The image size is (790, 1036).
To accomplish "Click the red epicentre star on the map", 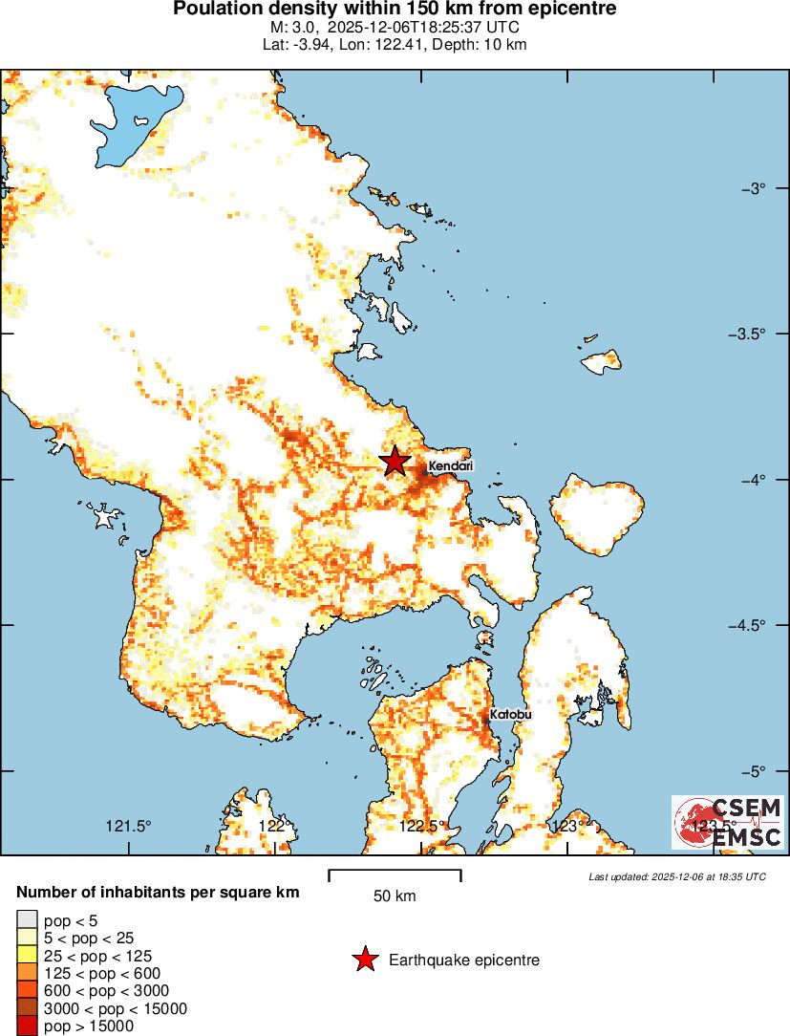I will (x=395, y=462).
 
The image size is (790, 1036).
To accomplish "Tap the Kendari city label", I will (x=451, y=466).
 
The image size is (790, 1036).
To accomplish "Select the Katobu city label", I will (x=510, y=714).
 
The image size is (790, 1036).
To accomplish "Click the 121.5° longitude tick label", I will (x=129, y=826).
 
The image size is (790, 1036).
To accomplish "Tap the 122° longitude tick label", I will (x=275, y=826).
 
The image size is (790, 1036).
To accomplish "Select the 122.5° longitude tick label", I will (x=421, y=826).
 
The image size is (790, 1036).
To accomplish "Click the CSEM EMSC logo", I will (x=728, y=822).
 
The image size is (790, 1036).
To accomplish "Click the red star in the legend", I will (x=364, y=960).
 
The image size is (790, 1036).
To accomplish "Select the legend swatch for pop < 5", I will (x=26, y=920).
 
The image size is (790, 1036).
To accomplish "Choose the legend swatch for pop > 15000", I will (x=26, y=1026).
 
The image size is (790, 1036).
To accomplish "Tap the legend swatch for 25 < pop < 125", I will (x=26, y=956).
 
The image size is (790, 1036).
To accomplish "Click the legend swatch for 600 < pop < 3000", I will (x=26, y=991).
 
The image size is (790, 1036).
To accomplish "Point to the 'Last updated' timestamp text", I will (x=676, y=876).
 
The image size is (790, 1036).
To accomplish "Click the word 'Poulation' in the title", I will (x=218, y=10).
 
